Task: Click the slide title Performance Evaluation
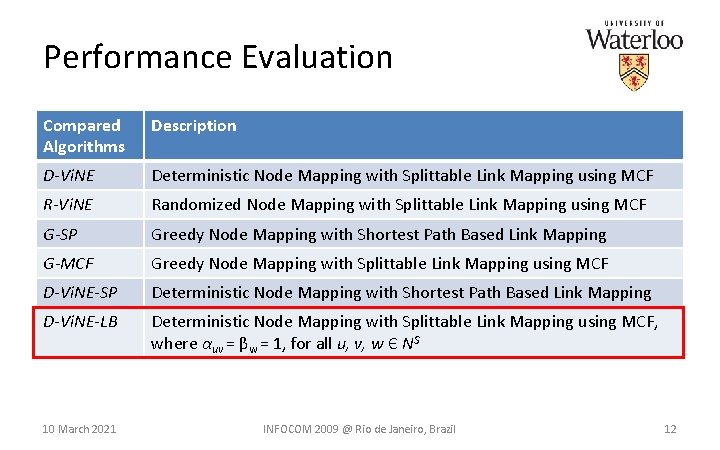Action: coord(218,57)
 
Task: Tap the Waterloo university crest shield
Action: coord(634,72)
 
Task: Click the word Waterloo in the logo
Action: coord(634,39)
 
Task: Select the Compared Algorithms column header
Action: coord(84,136)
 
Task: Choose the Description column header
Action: coord(194,126)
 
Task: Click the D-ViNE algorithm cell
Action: coord(68,176)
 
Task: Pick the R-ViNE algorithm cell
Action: coord(68,205)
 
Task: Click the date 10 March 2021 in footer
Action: coord(79,429)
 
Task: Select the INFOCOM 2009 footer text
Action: coord(359,429)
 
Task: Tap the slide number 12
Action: coord(670,429)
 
